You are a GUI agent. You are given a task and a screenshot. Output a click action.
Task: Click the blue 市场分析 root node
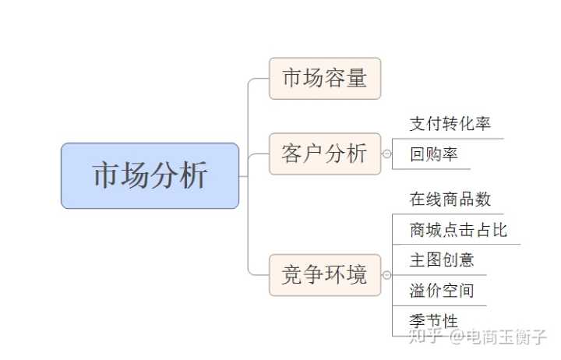(x=150, y=175)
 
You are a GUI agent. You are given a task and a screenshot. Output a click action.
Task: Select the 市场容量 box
(x=325, y=78)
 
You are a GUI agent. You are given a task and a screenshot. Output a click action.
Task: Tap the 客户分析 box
(x=325, y=154)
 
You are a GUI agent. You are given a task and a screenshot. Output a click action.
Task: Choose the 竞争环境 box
(x=325, y=274)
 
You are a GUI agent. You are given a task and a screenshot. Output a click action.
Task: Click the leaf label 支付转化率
(x=450, y=124)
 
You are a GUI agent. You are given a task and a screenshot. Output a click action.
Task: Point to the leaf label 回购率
(x=434, y=154)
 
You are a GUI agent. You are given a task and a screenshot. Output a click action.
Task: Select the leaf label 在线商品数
(x=450, y=199)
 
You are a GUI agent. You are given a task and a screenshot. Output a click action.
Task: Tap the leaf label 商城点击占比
(x=458, y=229)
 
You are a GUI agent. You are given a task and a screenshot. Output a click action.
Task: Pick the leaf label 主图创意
(x=442, y=259)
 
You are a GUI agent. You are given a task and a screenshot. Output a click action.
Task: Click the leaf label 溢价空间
(x=442, y=291)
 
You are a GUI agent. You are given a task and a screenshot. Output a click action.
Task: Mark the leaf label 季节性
(x=434, y=321)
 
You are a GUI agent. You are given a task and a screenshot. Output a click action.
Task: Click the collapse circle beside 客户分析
(x=386, y=154)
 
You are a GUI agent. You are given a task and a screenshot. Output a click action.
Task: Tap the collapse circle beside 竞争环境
(x=386, y=275)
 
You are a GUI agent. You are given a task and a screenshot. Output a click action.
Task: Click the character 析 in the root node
(x=195, y=175)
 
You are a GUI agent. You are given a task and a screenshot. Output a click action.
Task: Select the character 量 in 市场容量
(x=358, y=78)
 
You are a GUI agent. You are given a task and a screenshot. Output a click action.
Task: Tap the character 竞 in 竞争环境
(x=292, y=274)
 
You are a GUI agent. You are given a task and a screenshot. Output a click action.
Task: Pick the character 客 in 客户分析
(x=292, y=154)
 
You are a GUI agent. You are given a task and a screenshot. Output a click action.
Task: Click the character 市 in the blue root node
(x=105, y=175)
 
